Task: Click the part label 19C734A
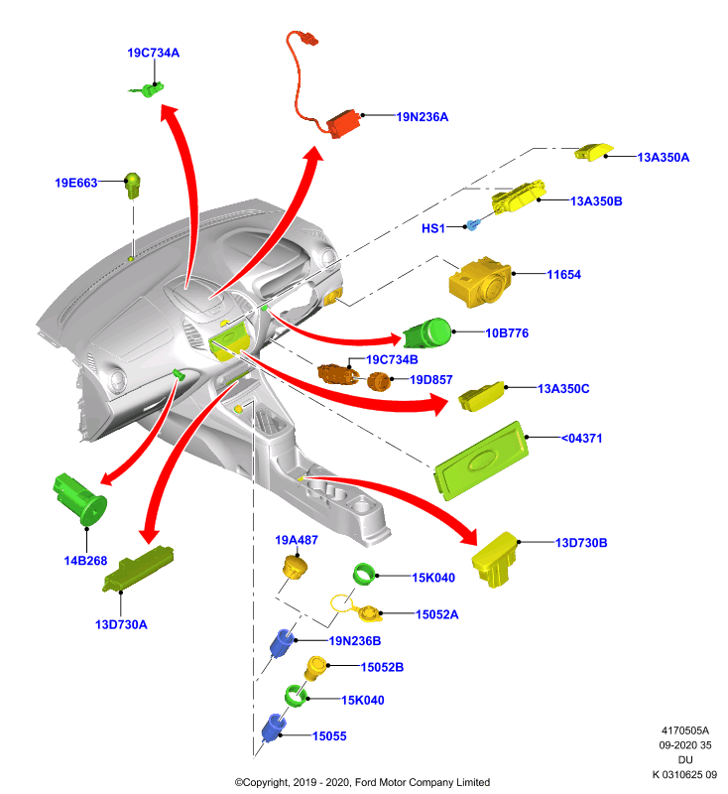[x=154, y=53]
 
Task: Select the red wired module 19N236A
[x=344, y=123]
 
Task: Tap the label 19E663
[x=76, y=183]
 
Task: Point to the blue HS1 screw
[x=472, y=225]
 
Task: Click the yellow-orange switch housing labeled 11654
[x=480, y=282]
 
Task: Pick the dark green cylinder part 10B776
[x=427, y=333]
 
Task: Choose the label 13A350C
[x=563, y=389]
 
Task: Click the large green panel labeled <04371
[x=481, y=461]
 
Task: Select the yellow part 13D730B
[x=494, y=559]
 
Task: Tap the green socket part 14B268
[x=80, y=500]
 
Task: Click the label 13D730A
[x=121, y=625]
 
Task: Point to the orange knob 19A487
[x=295, y=567]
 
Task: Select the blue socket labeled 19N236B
[x=282, y=642]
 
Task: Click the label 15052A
[x=437, y=614]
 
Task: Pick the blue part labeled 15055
[x=274, y=727]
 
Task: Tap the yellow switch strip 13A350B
[x=519, y=197]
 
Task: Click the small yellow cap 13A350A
[x=594, y=152]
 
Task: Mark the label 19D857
[x=431, y=380]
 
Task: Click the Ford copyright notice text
[x=362, y=782]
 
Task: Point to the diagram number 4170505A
[x=685, y=730]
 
